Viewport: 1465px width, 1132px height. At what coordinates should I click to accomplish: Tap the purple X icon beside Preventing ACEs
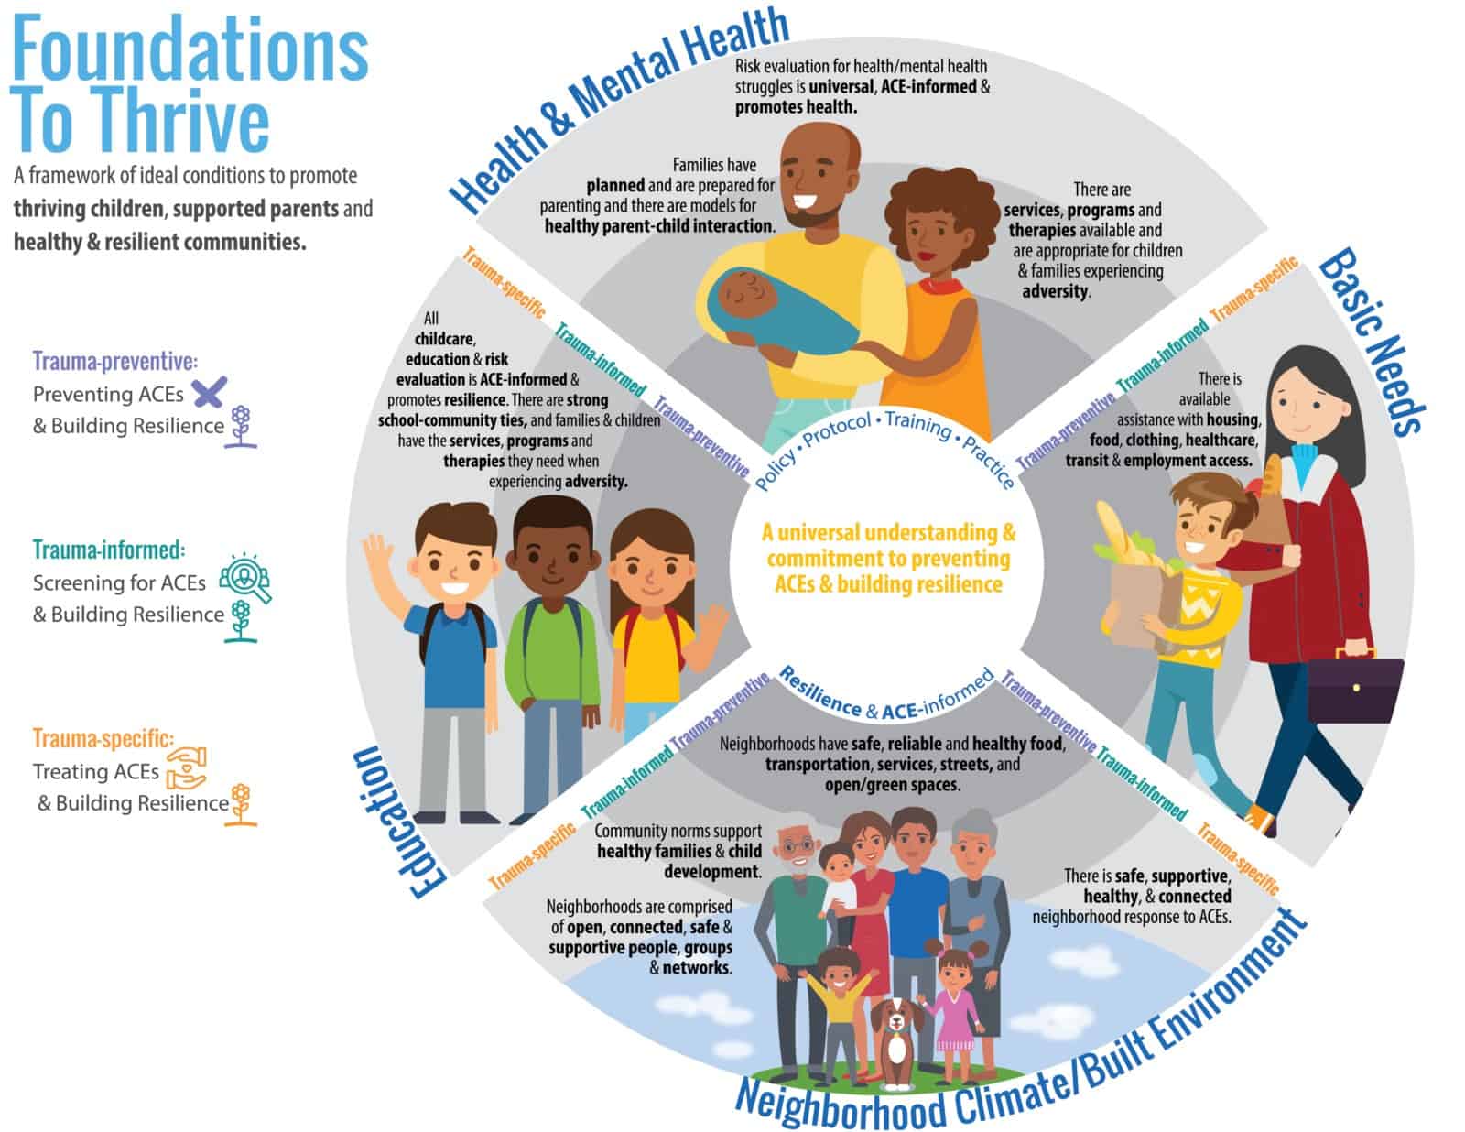point(209,393)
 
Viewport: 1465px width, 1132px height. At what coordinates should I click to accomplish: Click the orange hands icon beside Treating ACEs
point(187,767)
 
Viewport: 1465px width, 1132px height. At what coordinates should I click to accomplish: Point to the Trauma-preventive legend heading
point(115,361)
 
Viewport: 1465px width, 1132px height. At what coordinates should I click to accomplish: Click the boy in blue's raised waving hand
point(377,555)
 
